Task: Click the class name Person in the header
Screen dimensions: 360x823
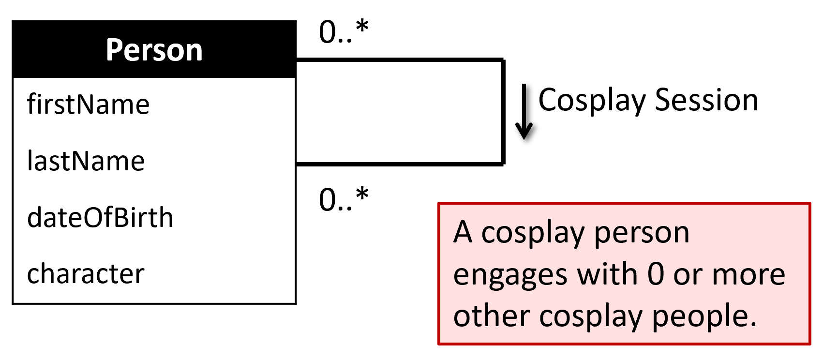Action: coord(154,50)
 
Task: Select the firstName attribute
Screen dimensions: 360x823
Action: coord(88,104)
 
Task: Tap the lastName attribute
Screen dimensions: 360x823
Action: coord(86,161)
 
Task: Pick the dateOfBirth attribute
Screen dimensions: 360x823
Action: coord(100,217)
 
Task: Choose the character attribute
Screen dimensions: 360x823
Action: coord(86,274)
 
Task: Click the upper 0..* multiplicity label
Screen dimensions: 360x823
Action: coord(344,32)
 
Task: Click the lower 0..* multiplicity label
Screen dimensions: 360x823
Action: coord(344,199)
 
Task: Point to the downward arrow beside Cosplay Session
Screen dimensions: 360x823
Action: coord(524,112)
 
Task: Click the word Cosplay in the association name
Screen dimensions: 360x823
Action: coord(592,101)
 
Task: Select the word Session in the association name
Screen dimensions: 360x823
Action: coord(706,100)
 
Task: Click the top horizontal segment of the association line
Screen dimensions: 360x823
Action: coord(400,60)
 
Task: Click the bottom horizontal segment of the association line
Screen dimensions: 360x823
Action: coord(400,164)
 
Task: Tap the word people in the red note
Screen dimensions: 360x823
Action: coord(703,317)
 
